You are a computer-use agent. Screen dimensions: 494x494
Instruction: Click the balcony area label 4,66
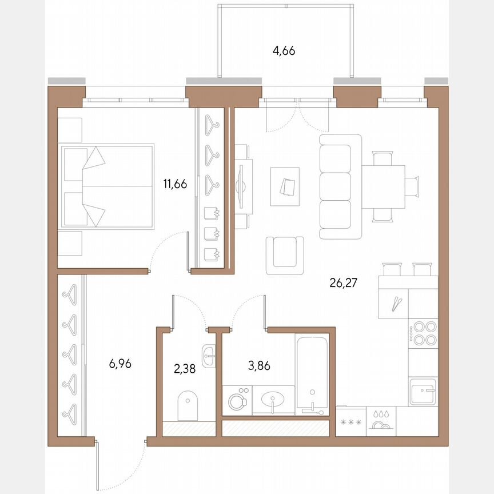pos(284,51)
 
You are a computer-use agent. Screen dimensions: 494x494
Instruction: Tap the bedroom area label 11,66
pos(176,184)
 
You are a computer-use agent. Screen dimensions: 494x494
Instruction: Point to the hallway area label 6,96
pos(121,364)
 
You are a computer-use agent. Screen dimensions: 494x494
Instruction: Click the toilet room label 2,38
pos(184,369)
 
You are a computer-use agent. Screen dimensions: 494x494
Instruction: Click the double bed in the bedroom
pos(107,186)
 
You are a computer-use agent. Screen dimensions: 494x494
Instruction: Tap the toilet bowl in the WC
pos(188,405)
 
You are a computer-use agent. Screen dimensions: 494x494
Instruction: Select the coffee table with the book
pos(285,186)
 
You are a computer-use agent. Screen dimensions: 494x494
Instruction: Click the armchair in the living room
pos(285,256)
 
